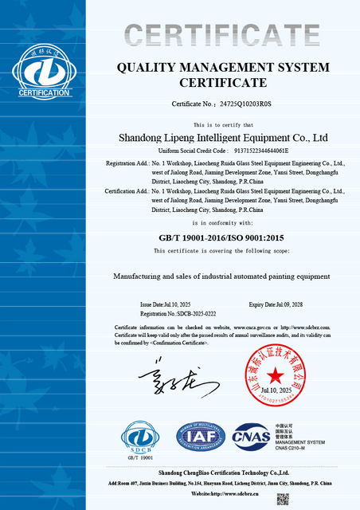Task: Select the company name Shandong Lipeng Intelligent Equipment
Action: [222, 137]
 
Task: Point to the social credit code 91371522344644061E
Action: [260, 150]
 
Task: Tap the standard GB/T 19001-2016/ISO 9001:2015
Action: [222, 237]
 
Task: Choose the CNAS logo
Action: [250, 436]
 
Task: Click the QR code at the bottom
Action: [282, 500]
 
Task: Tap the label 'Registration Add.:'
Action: [127, 163]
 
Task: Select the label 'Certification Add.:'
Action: [127, 191]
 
